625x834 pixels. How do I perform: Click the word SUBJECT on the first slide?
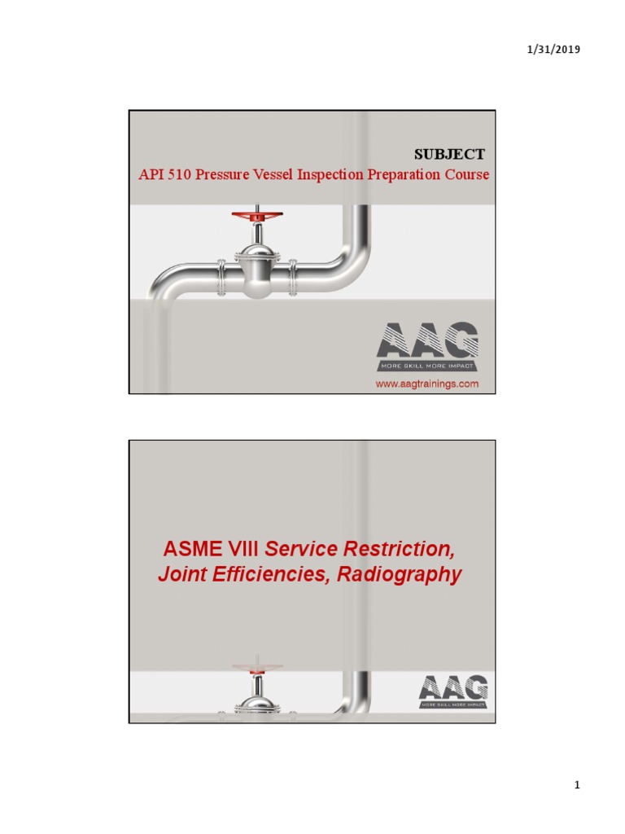coord(450,154)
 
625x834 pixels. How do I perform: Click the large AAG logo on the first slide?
coord(426,340)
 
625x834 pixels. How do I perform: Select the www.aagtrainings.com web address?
coord(426,383)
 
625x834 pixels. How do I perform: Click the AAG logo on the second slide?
coord(454,689)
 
